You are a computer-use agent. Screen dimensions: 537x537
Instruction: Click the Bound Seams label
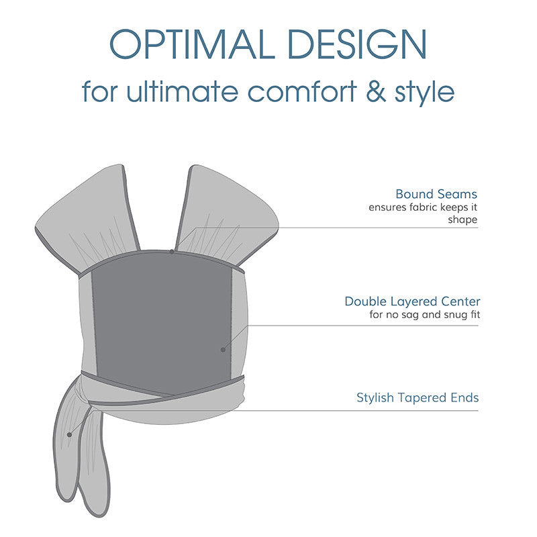436,194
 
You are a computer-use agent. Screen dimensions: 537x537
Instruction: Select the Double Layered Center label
412,301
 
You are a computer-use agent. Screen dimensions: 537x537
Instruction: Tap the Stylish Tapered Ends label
418,398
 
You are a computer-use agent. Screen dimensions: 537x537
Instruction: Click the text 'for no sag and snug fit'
424,315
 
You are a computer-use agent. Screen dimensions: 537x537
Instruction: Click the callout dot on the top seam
173,252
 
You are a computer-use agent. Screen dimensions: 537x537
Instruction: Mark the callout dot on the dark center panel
222,350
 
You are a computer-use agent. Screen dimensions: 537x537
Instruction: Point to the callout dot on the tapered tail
69,434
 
